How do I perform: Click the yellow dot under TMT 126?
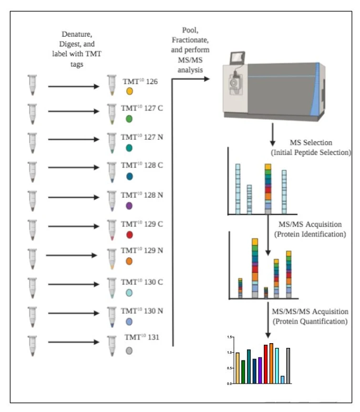coord(129,91)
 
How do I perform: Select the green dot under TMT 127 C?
coord(129,119)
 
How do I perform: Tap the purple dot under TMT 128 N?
coord(129,206)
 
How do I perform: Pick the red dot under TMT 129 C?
coord(129,234)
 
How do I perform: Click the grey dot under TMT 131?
coord(129,351)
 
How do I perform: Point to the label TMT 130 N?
coord(142,311)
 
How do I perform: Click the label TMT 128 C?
coord(142,165)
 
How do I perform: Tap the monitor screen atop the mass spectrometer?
coord(238,58)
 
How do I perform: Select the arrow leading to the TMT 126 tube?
coord(74,86)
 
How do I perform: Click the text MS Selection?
coord(311,143)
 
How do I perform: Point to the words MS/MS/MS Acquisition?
coord(310,312)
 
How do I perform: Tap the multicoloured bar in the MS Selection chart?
coord(268,189)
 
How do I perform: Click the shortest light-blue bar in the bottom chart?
coord(283,379)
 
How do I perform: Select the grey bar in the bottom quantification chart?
coord(288,366)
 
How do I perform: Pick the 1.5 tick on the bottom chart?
coord(230,337)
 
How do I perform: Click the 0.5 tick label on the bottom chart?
coord(230,368)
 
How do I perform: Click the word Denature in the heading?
coord(77,35)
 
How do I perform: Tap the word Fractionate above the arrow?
coord(190,40)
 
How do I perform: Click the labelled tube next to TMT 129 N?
coord(112,259)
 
